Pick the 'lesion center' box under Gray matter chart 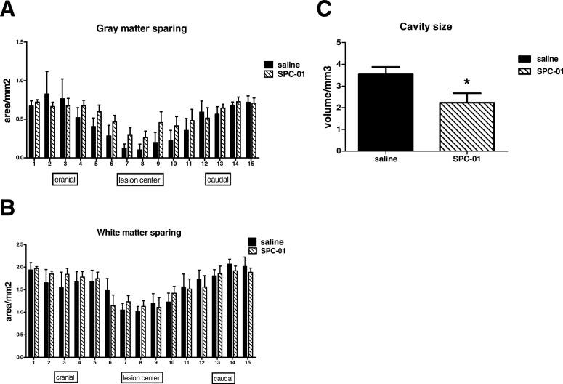pyautogui.click(x=139, y=179)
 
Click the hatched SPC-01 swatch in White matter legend pyautogui.click(x=252, y=251)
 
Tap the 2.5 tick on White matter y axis pyautogui.click(x=27, y=245)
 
